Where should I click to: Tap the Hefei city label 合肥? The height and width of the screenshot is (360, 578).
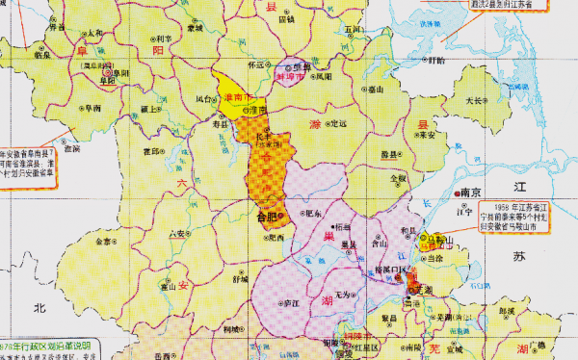click(x=268, y=218)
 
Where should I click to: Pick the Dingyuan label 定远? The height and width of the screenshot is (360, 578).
click(x=337, y=124)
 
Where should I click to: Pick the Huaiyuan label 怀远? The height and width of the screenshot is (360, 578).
click(x=255, y=66)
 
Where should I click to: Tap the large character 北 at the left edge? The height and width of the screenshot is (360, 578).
click(x=40, y=308)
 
